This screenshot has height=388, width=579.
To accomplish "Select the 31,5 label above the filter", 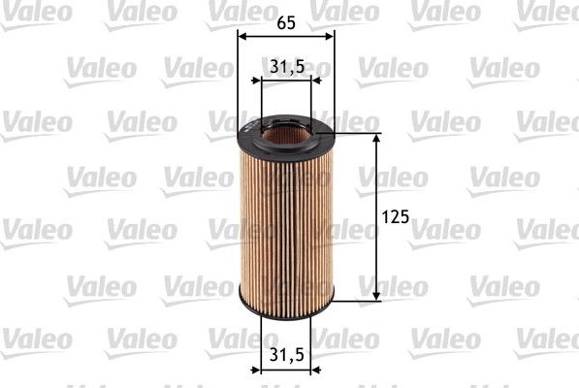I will pos(287,66).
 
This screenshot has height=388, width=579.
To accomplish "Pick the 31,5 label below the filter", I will pos(287,356).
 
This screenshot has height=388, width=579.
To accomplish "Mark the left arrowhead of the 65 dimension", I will pos(242,35).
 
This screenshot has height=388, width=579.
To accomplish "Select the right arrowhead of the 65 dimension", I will pos(330,35).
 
